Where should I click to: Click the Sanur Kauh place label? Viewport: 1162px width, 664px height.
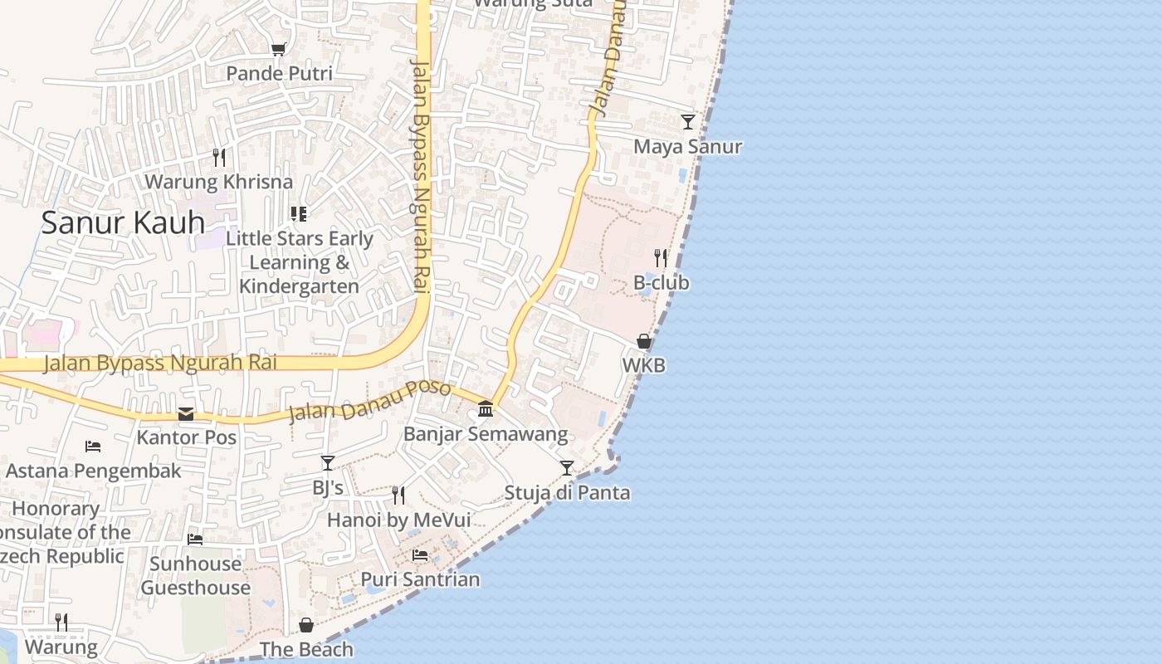tap(123, 222)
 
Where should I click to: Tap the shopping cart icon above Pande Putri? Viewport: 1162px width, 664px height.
tap(279, 50)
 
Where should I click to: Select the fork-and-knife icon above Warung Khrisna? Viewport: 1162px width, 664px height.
tap(219, 157)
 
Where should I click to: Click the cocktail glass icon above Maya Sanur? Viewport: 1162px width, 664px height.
tap(688, 122)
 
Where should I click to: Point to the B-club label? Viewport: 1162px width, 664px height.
tap(662, 283)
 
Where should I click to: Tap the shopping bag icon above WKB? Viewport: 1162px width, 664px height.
tap(644, 341)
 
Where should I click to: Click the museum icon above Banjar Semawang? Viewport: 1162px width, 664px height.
tap(486, 409)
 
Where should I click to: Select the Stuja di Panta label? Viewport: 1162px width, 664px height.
tap(568, 493)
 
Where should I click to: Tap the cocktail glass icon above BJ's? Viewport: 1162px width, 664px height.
tap(328, 463)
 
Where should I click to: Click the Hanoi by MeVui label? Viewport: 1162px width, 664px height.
tap(398, 520)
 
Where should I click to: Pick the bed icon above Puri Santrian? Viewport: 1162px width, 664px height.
tap(420, 555)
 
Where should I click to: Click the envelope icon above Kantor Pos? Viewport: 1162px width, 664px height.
tap(186, 413)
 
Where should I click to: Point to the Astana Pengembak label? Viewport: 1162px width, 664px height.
tap(93, 471)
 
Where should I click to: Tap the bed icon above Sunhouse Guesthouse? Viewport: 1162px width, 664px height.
tap(195, 539)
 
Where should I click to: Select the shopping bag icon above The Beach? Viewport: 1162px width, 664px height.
tap(306, 625)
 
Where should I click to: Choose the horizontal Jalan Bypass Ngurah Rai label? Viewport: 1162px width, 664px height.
tap(160, 363)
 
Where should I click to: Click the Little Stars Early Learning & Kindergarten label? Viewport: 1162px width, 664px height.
tap(300, 262)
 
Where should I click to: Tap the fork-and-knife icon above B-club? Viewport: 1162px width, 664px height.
tap(661, 258)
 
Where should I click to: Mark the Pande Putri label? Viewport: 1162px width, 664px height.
tap(280, 74)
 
